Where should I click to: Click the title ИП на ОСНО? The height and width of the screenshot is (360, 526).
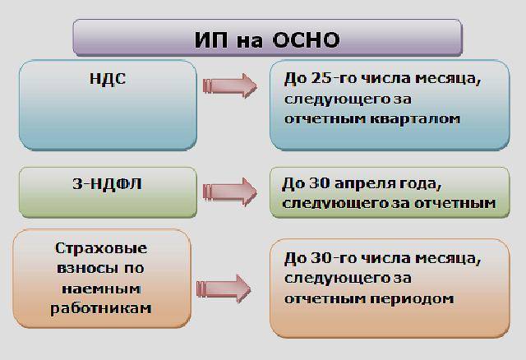(x=267, y=40)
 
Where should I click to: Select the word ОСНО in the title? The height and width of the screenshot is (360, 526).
(x=306, y=40)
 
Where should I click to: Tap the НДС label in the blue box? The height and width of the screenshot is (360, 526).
(x=108, y=79)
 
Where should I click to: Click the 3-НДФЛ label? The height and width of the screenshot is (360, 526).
(x=108, y=184)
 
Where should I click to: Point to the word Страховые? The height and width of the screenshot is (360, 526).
(x=101, y=248)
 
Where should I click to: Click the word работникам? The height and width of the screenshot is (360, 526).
(x=101, y=309)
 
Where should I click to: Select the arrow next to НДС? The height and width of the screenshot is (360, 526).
(x=230, y=85)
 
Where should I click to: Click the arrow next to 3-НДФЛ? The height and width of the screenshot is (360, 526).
(x=230, y=192)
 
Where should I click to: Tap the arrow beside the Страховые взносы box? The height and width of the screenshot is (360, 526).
(x=224, y=288)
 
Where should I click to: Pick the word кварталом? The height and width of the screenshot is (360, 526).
(x=415, y=119)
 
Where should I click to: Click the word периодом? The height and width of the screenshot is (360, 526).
(x=412, y=299)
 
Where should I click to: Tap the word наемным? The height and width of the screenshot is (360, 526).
(x=101, y=288)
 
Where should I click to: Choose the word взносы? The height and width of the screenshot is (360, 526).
(x=87, y=268)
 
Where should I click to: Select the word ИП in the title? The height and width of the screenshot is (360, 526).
(x=211, y=40)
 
